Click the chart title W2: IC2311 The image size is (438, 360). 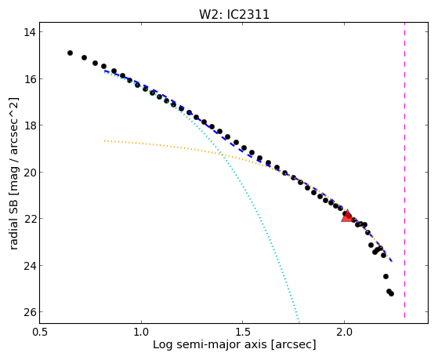pos(234,14)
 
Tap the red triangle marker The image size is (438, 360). pos(347,216)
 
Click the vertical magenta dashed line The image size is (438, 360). pos(404,173)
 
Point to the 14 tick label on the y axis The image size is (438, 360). pos(29,32)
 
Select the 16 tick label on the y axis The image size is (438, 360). pos(29,79)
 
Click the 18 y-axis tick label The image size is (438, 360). pos(29,125)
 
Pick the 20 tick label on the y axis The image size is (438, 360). pos(29,172)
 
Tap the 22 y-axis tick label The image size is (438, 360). pos(29,219)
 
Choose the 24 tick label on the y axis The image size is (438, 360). pos(29,265)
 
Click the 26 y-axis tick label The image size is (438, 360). pos(29,312)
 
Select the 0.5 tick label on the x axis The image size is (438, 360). pos(40,332)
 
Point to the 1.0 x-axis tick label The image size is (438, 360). pos(141,332)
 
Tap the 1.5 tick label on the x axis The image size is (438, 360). pos(243,332)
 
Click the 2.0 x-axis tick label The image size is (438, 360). pos(344,332)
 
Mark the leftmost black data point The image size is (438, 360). pos(70,53)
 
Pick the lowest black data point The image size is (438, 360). pos(391,293)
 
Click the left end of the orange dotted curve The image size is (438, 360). pos(104,140)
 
